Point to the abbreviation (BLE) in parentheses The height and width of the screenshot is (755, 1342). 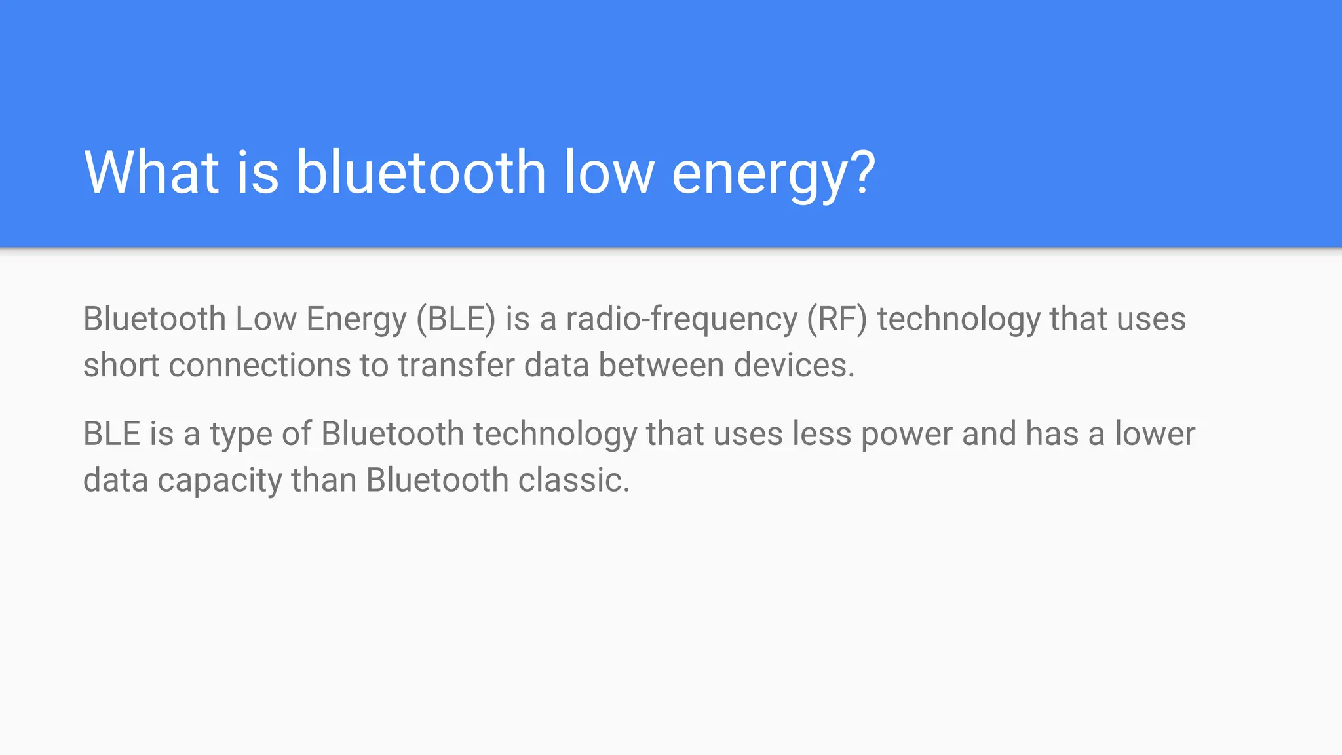point(456,319)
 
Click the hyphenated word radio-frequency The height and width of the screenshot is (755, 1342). point(681,319)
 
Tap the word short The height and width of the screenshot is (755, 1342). point(121,365)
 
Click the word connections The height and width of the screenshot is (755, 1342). point(259,365)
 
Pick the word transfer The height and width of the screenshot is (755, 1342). point(456,365)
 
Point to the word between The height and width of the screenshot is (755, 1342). point(661,365)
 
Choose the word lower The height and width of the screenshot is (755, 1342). point(1155,434)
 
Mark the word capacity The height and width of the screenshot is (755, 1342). point(220,481)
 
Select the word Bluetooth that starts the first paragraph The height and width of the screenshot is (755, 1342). point(155,319)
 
